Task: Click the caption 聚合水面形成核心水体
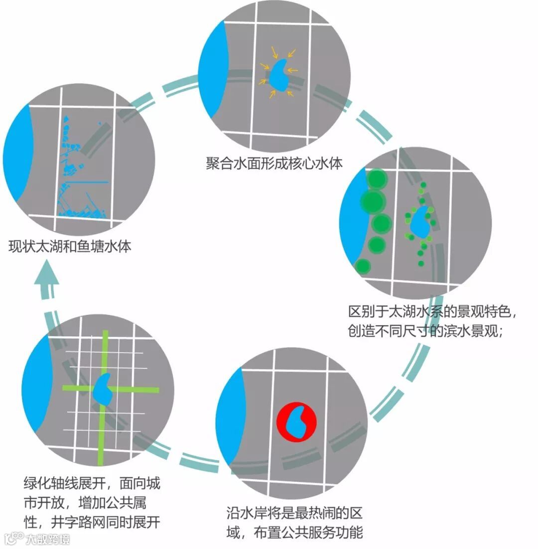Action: coord(274,163)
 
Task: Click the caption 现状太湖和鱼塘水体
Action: coord(70,246)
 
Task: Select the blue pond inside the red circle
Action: coord(298,423)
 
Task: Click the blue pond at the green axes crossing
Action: coord(103,389)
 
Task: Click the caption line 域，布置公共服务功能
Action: coord(293,531)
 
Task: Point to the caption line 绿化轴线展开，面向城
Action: coord(92,483)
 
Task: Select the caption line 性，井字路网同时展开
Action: coord(92,522)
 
